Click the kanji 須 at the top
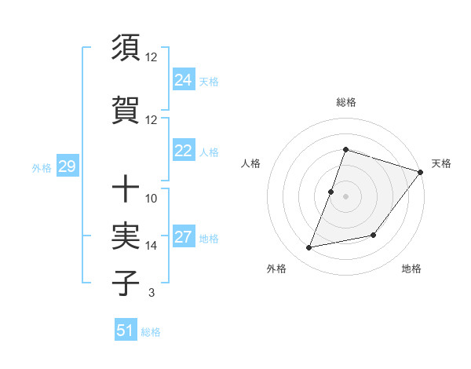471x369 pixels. pos(126,49)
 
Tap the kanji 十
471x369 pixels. pos(126,189)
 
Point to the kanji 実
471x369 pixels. pos(126,236)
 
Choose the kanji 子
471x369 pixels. pos(126,283)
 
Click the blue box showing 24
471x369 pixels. pos(184,80)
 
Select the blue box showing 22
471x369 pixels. pos(184,151)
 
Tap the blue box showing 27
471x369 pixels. pos(184,238)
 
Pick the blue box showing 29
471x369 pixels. pos(67,166)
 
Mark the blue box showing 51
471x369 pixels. pos(126,331)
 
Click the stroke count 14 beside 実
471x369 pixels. pos(152,246)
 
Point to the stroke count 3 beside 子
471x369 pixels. pos(152,293)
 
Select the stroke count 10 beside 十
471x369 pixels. pos(152,198)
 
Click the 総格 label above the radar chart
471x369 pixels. pos(345,102)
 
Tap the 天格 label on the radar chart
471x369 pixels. pos(441,163)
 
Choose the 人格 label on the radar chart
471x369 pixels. pos(250,163)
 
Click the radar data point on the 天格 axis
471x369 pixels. pos(420,173)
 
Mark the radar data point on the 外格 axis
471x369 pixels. pos(309,248)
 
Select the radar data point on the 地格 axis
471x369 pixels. pos(374,236)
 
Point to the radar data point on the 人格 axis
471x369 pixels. pos(331,192)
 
